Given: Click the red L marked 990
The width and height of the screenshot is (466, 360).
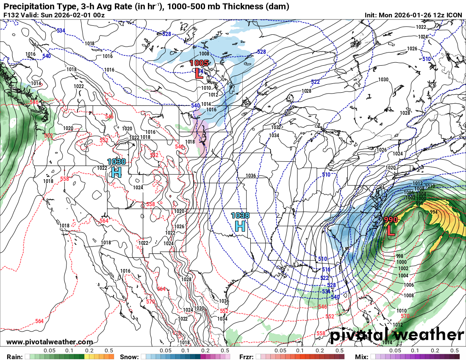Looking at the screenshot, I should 391,231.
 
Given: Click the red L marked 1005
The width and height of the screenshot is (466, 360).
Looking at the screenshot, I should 199,74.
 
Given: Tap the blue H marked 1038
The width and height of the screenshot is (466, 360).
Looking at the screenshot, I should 240,226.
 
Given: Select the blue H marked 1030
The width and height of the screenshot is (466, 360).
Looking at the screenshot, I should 116,172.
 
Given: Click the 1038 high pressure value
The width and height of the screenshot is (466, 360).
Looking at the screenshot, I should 240,216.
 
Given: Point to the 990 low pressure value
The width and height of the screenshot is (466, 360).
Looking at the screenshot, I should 391,220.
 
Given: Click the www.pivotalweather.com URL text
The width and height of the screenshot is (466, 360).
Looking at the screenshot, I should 50,342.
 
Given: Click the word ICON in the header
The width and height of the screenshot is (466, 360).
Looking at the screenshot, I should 454,15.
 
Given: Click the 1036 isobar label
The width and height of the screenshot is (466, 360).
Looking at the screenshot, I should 250,176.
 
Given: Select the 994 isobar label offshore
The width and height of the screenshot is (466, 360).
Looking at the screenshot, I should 433,212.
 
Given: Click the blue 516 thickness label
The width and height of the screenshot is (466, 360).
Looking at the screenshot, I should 326,269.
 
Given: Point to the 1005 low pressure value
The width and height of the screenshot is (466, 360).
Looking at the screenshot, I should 199,63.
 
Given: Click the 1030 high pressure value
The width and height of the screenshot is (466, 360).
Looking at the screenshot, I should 116,161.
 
